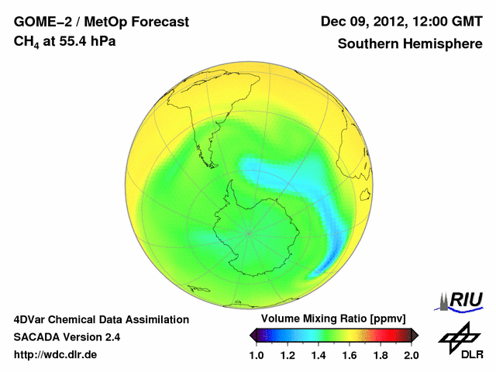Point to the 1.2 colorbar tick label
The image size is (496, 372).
click(x=288, y=355)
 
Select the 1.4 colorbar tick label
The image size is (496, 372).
click(x=319, y=355)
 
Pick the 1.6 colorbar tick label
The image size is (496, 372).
click(x=350, y=355)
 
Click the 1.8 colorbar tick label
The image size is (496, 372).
click(x=381, y=355)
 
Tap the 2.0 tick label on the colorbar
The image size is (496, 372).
click(x=411, y=355)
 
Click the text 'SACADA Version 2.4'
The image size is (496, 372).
click(x=67, y=337)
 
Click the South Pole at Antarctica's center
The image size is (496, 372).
click(x=249, y=232)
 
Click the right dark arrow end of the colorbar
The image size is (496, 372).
click(x=415, y=335)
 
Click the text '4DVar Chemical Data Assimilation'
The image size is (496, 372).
click(x=102, y=319)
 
